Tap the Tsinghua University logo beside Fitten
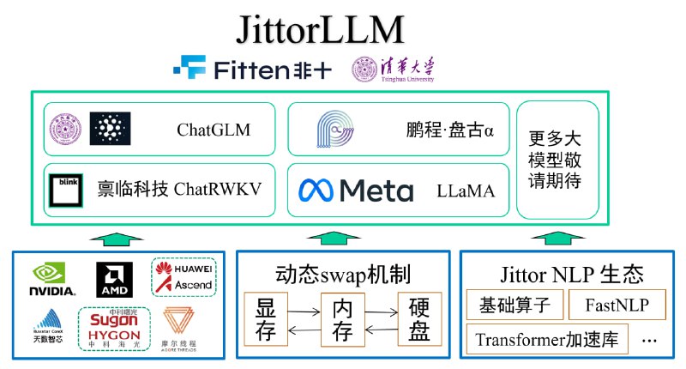tap(393, 69)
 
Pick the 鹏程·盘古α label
tap(451, 130)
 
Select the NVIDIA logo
tap(53, 279)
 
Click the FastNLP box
tap(617, 304)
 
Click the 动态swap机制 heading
tap(342, 275)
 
